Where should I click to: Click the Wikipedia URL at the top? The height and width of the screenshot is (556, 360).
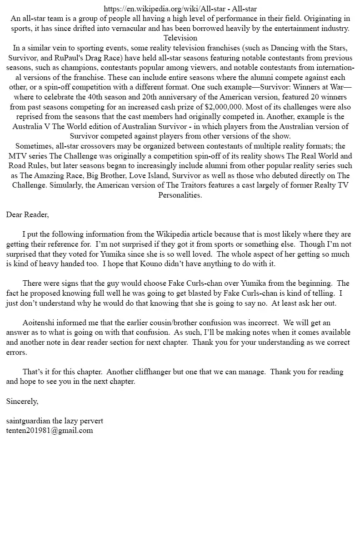pyautogui.click(x=165, y=9)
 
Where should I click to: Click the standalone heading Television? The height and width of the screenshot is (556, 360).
pyautogui.click(x=180, y=38)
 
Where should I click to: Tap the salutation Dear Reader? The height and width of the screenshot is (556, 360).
pyautogui.click(x=27, y=214)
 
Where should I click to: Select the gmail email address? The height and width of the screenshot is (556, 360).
pyautogui.click(x=50, y=430)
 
